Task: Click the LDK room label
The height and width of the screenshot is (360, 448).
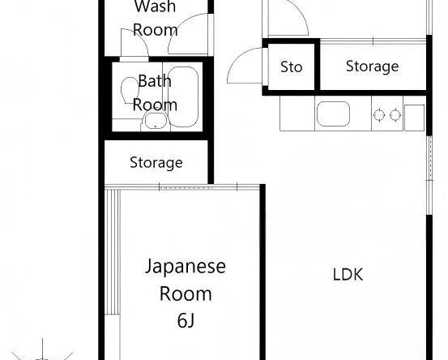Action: point(348,274)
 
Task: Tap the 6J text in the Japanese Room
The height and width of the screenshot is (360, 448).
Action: point(186,320)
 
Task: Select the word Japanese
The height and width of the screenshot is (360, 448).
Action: point(186,267)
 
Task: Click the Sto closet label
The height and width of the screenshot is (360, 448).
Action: point(291,67)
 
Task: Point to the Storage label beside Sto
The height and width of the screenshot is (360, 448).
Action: point(372,66)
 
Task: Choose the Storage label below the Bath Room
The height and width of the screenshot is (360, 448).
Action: point(156,163)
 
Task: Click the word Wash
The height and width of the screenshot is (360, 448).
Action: point(155,6)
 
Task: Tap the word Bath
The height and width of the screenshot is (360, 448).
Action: point(155,81)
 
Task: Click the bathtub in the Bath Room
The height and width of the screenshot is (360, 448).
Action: point(183,96)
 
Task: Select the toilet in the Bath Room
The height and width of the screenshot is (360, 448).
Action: point(130,90)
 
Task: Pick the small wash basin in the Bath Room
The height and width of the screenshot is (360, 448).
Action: point(156,121)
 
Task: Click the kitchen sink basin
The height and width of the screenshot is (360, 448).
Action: point(333,114)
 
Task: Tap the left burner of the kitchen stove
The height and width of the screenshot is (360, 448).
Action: point(379,115)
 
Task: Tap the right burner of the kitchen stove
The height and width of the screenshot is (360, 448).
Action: point(395,115)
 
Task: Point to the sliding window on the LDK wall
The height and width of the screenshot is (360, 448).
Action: point(429,176)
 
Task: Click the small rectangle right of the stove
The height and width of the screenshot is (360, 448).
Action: point(415,118)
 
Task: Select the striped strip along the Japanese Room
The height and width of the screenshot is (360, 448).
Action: point(113,251)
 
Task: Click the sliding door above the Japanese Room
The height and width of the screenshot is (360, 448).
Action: point(182,187)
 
